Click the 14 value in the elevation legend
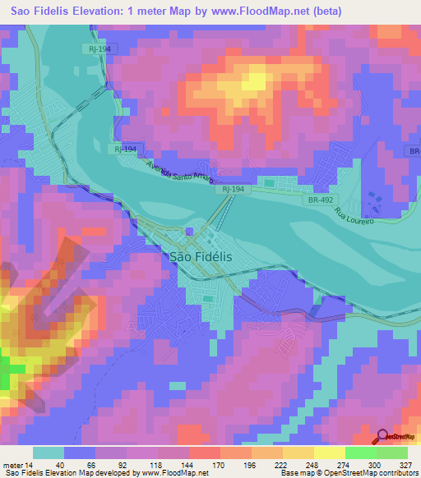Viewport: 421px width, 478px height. pyautogui.click(x=30, y=465)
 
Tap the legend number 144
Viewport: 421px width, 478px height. pyautogui.click(x=188, y=465)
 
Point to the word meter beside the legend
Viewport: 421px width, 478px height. pyautogui.click(x=12, y=465)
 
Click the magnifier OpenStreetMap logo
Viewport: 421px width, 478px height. pyautogui.click(x=383, y=439)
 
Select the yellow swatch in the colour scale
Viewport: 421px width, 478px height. pyautogui.click(x=329, y=453)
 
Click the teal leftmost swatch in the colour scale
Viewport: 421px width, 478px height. pyautogui.click(x=49, y=453)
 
